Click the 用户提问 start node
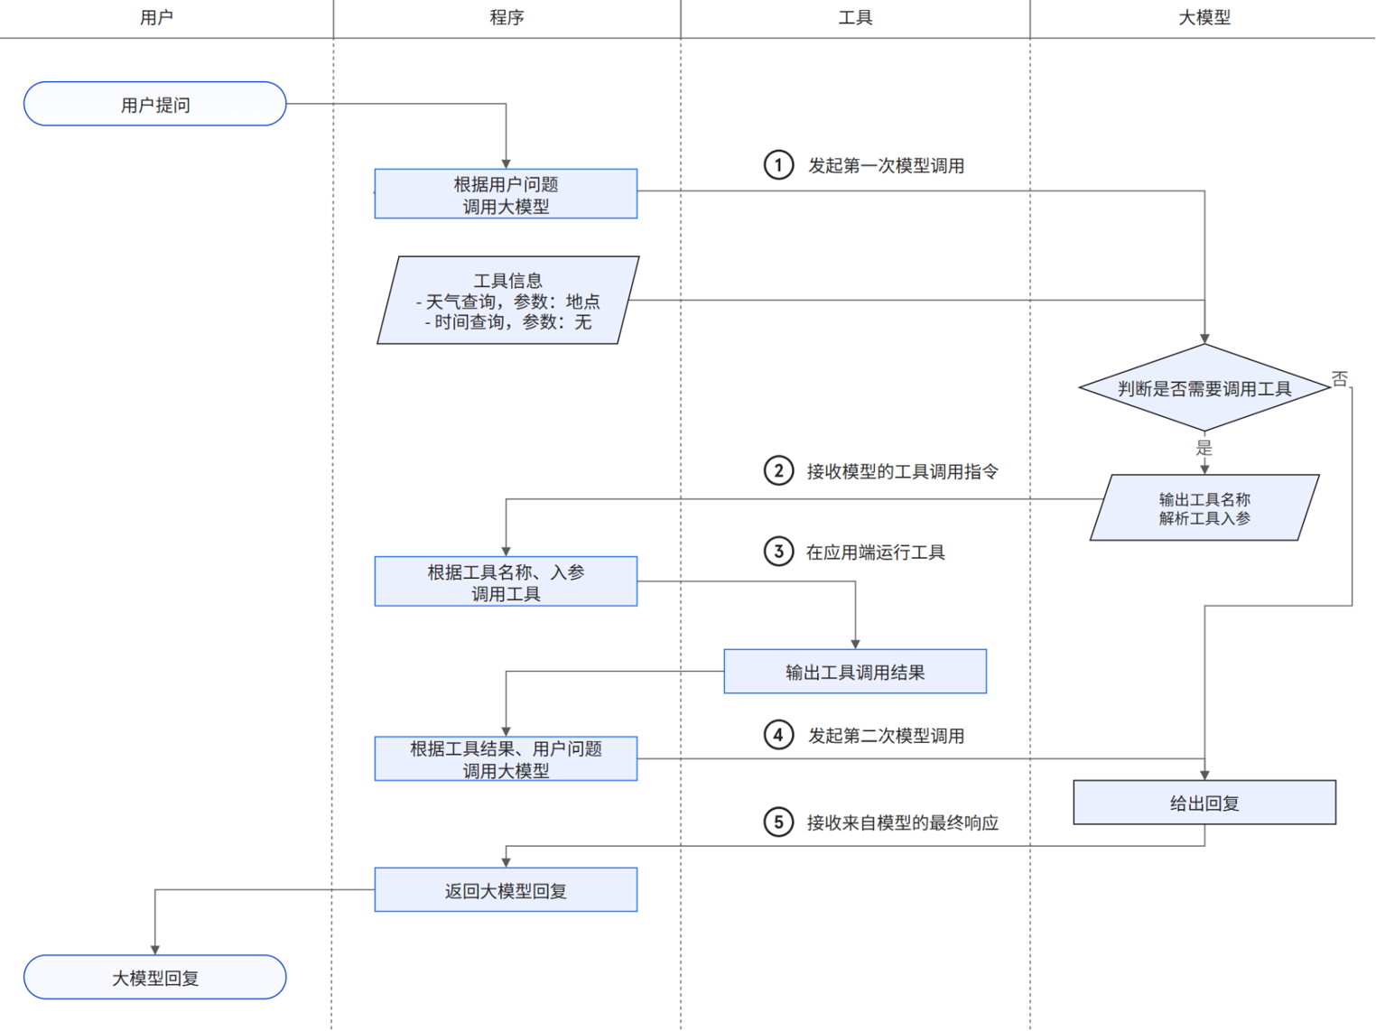[x=154, y=104]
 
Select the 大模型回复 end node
[x=154, y=977]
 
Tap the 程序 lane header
[x=507, y=17]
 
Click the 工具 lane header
[x=855, y=17]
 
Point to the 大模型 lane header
[x=1204, y=17]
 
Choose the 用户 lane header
[x=156, y=17]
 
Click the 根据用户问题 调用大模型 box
[x=506, y=194]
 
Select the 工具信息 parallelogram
[x=507, y=301]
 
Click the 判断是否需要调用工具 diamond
[x=1204, y=388]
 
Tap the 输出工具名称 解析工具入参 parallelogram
[x=1204, y=508]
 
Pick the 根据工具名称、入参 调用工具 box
[x=506, y=581]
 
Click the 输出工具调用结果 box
[x=854, y=672]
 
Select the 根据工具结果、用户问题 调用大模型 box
[x=506, y=758]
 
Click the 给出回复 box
[x=1204, y=803]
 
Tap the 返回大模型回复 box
[x=506, y=890]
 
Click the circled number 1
[x=778, y=165]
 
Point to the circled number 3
[x=778, y=552]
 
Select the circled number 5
[x=778, y=822]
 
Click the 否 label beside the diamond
[x=1340, y=378]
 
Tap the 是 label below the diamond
[x=1204, y=448]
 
